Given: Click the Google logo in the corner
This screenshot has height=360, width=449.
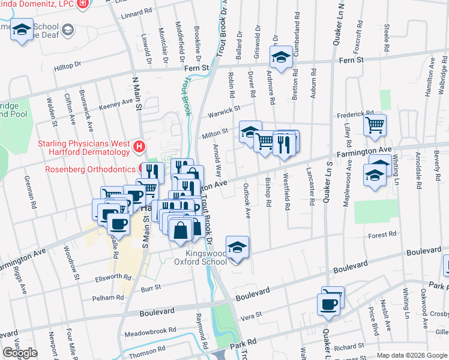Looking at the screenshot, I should pos(20,353).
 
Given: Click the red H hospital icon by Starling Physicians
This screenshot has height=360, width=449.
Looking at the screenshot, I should pos(139,146).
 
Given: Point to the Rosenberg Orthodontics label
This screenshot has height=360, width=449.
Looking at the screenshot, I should pos(91,169).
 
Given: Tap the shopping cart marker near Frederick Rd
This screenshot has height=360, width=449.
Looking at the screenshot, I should pos(375,125).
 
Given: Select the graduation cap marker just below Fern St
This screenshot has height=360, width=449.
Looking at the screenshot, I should pos(280,57).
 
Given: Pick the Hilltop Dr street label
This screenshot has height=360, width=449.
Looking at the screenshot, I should pos(68,70).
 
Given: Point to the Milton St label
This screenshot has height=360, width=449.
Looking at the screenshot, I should pos(216,131).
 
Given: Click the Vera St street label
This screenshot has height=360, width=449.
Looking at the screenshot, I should pos(250,314).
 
